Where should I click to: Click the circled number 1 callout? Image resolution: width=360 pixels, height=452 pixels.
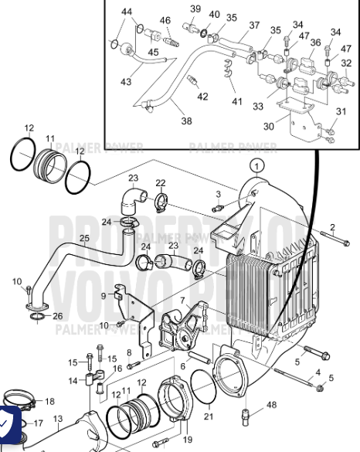click(256, 165)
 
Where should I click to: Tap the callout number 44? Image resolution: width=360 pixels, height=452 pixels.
click(127, 12)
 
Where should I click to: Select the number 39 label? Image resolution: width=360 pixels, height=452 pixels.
click(195, 8)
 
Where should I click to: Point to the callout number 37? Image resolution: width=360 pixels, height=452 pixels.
click(254, 25)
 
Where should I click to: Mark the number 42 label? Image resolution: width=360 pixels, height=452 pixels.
click(202, 97)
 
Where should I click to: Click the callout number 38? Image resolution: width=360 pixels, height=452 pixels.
click(186, 121)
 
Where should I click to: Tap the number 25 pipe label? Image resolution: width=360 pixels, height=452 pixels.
click(84, 238)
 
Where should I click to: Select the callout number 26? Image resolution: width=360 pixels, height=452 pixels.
click(58, 316)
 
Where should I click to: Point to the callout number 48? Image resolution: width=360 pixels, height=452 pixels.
click(271, 405)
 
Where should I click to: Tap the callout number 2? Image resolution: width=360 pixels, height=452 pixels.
click(332, 226)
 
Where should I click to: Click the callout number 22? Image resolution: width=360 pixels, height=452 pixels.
click(160, 183)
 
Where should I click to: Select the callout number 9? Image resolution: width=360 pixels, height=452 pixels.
click(104, 296)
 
